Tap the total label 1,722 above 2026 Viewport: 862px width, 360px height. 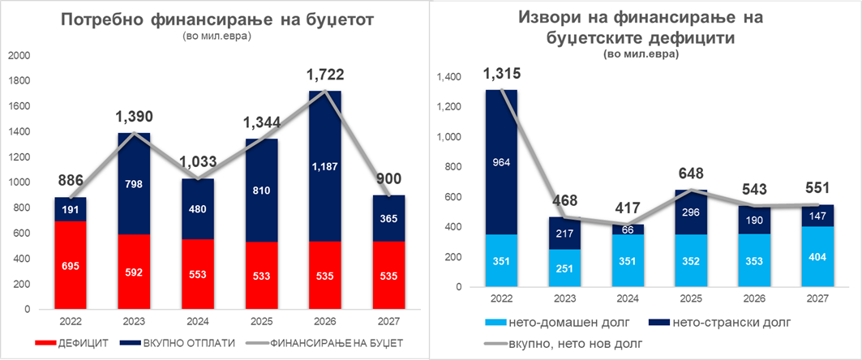tap(324, 75)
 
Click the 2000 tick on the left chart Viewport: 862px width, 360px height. tap(19, 55)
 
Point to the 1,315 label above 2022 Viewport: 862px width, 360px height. tap(503, 74)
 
